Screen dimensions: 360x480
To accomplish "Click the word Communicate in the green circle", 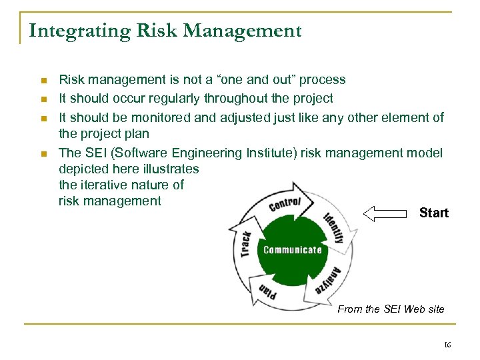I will pos(293,250).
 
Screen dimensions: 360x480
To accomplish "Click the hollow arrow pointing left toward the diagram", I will pos(385,213).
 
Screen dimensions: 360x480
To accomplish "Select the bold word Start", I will pos(434,213).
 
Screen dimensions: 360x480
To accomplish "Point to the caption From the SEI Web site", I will pos(391,309).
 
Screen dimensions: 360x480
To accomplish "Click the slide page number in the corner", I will pos(447,345).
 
